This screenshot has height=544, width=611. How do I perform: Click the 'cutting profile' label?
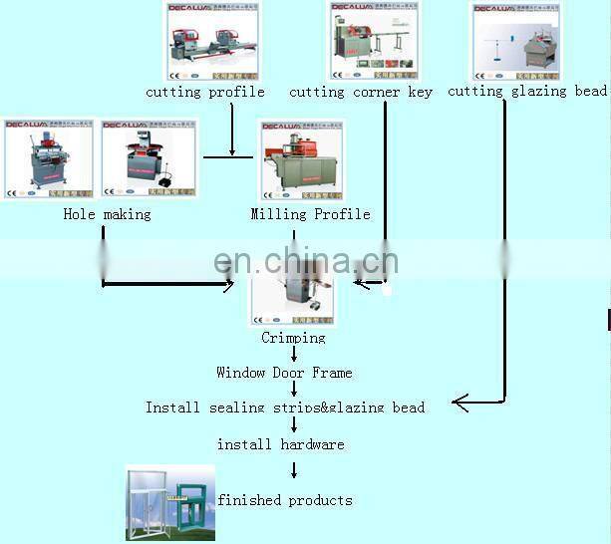(x=205, y=92)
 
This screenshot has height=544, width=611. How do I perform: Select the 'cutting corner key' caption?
(x=361, y=92)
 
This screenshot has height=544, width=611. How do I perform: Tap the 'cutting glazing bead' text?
(x=527, y=91)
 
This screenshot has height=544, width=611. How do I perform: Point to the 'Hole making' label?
(x=107, y=214)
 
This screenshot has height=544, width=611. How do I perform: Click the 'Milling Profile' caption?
(x=310, y=214)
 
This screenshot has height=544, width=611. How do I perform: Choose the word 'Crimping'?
(x=293, y=338)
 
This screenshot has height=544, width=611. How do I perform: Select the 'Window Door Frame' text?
(x=284, y=373)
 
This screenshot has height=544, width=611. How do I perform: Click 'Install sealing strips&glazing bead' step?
(x=285, y=408)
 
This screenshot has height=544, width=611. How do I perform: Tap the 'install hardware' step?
(x=280, y=443)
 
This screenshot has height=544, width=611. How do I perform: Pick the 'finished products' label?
(x=285, y=500)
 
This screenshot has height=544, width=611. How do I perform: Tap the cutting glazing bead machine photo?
(x=515, y=41)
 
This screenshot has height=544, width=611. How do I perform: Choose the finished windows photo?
(x=167, y=504)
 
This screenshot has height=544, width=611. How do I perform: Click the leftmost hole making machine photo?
(x=49, y=159)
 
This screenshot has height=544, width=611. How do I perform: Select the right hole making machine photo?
(x=149, y=159)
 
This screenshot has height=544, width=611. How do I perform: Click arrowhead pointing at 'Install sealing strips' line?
(x=458, y=403)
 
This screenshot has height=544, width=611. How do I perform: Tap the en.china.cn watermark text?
(x=306, y=261)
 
